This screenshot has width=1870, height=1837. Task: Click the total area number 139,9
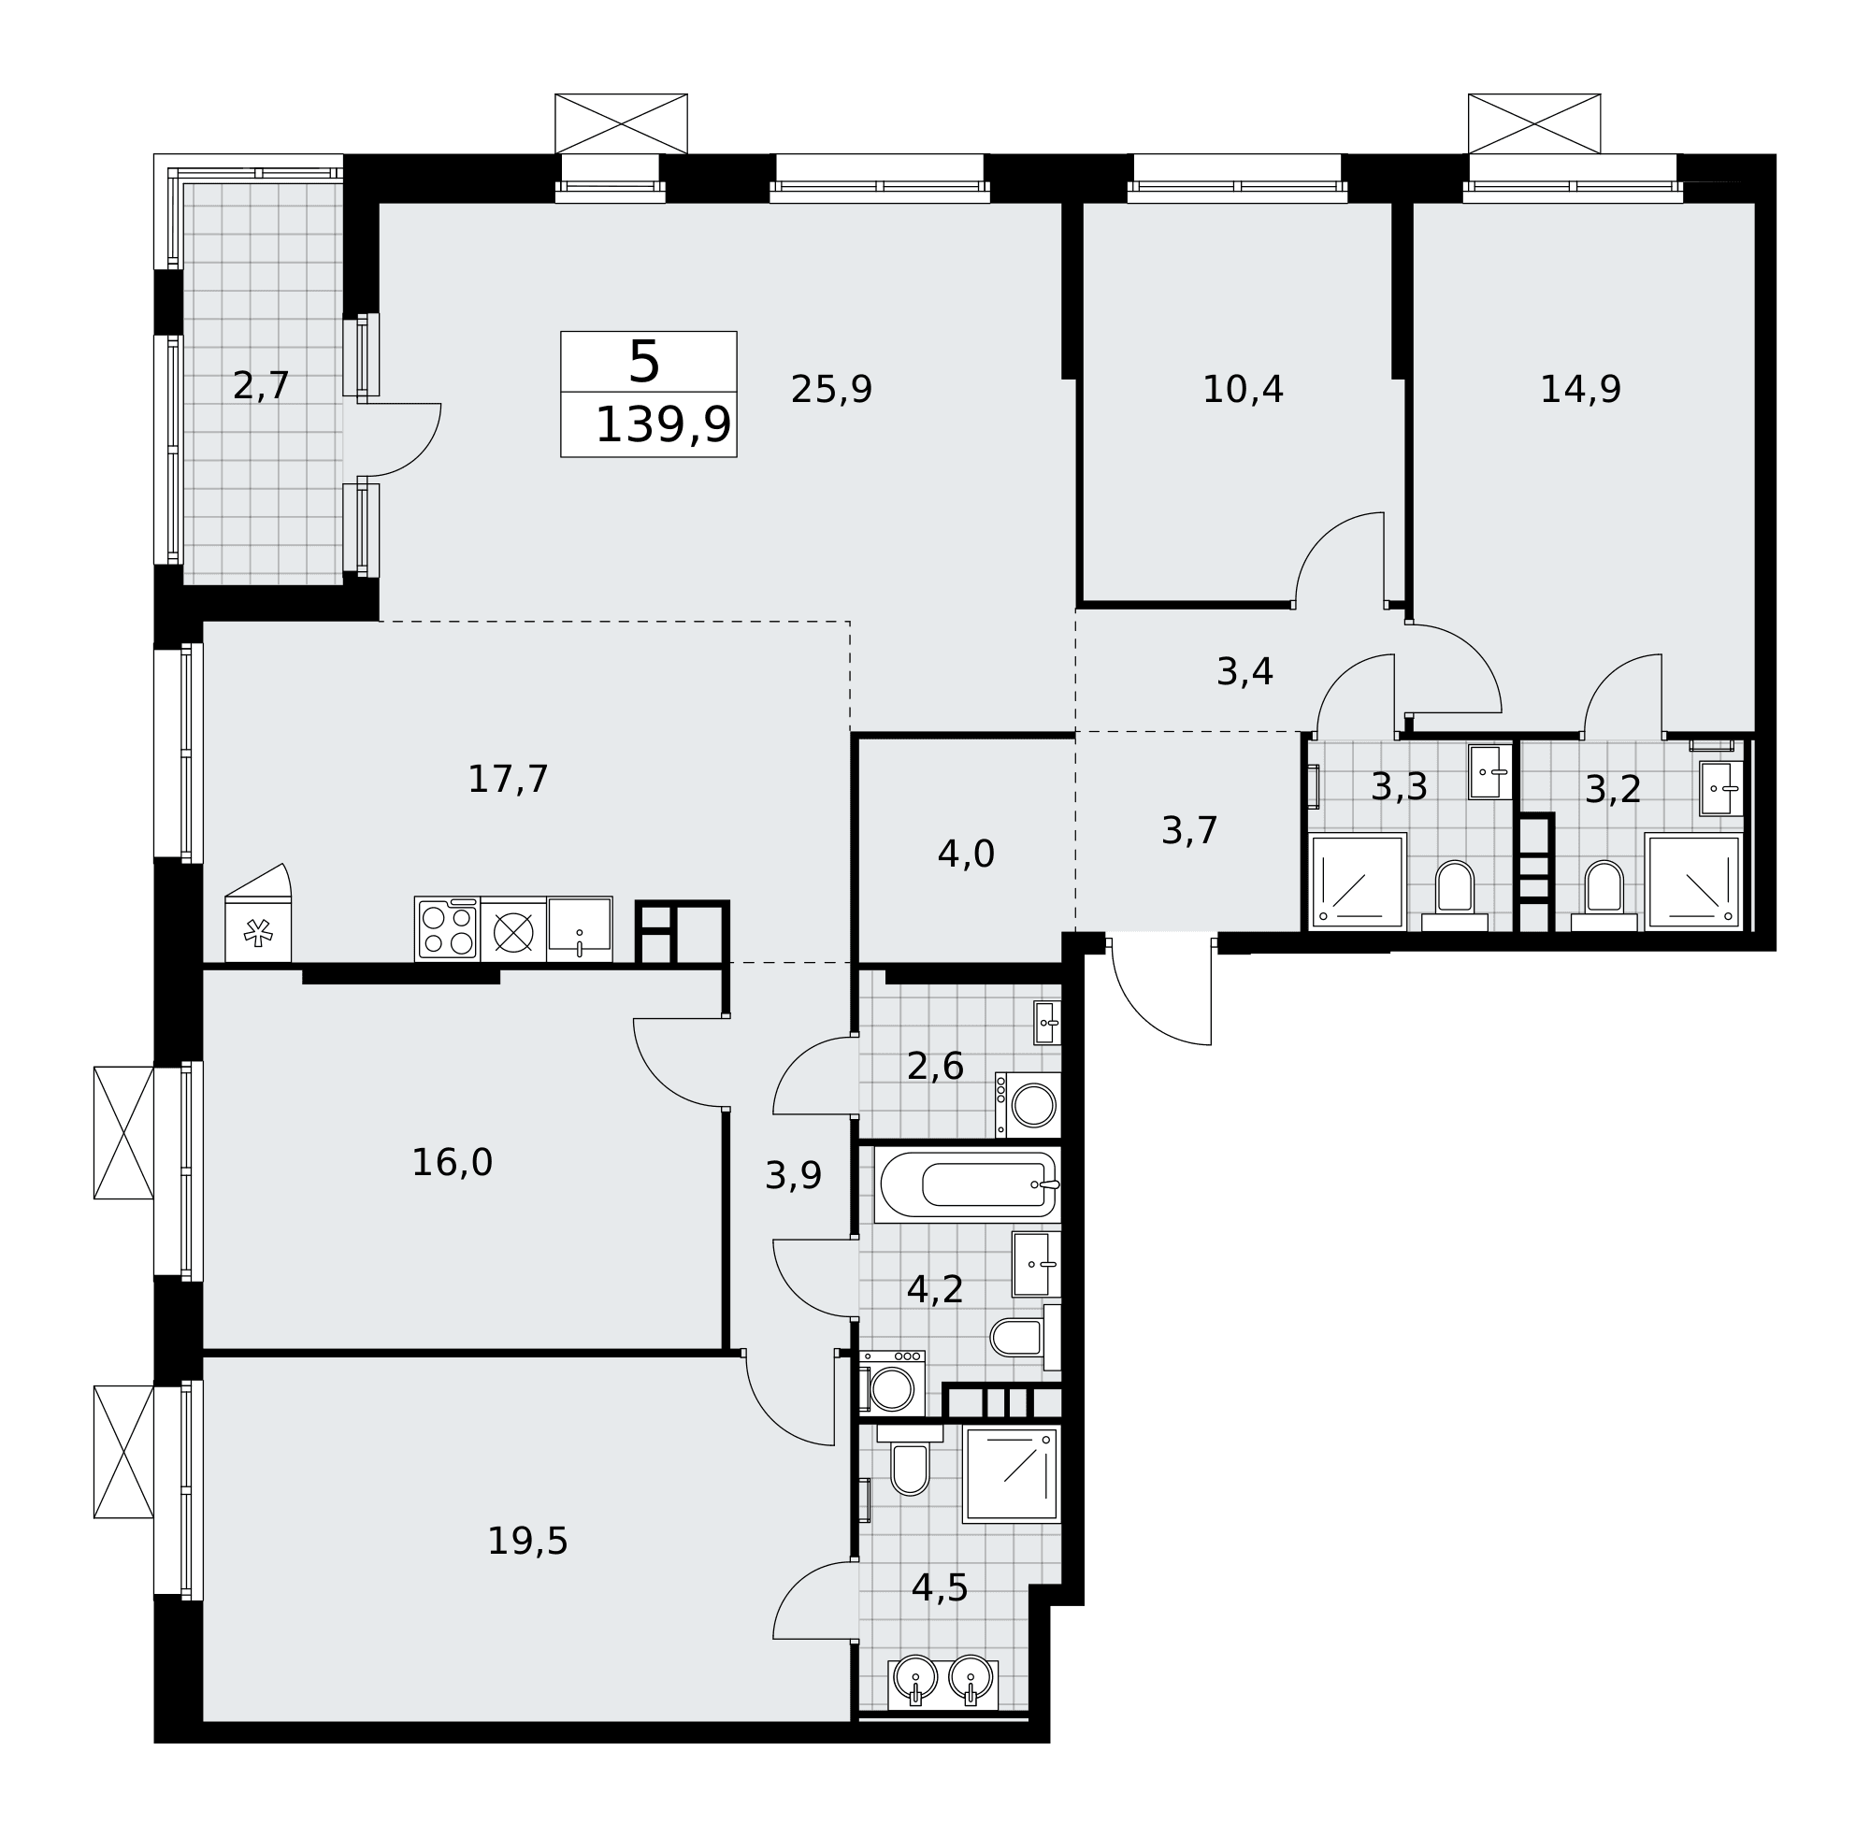pos(662,425)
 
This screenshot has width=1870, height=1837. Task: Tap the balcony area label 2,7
pos(261,386)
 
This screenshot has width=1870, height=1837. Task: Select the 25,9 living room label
pos(831,390)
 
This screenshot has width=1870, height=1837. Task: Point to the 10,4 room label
pos(1242,390)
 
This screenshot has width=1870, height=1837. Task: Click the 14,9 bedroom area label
pos(1579,390)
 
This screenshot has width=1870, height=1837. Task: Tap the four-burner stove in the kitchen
pos(447,928)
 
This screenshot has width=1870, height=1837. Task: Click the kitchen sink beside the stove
pos(579,928)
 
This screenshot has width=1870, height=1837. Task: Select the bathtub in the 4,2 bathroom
pos(967,1184)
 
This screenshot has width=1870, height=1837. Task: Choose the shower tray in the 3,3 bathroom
pos(1357,882)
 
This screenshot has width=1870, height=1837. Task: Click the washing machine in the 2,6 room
pos(1028,1104)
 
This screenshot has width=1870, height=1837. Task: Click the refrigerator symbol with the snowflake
pos(258,912)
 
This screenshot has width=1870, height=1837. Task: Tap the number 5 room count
pos(643,363)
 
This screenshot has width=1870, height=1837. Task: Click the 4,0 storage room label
pos(965,854)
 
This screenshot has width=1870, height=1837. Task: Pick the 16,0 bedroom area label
pos(452,1163)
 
